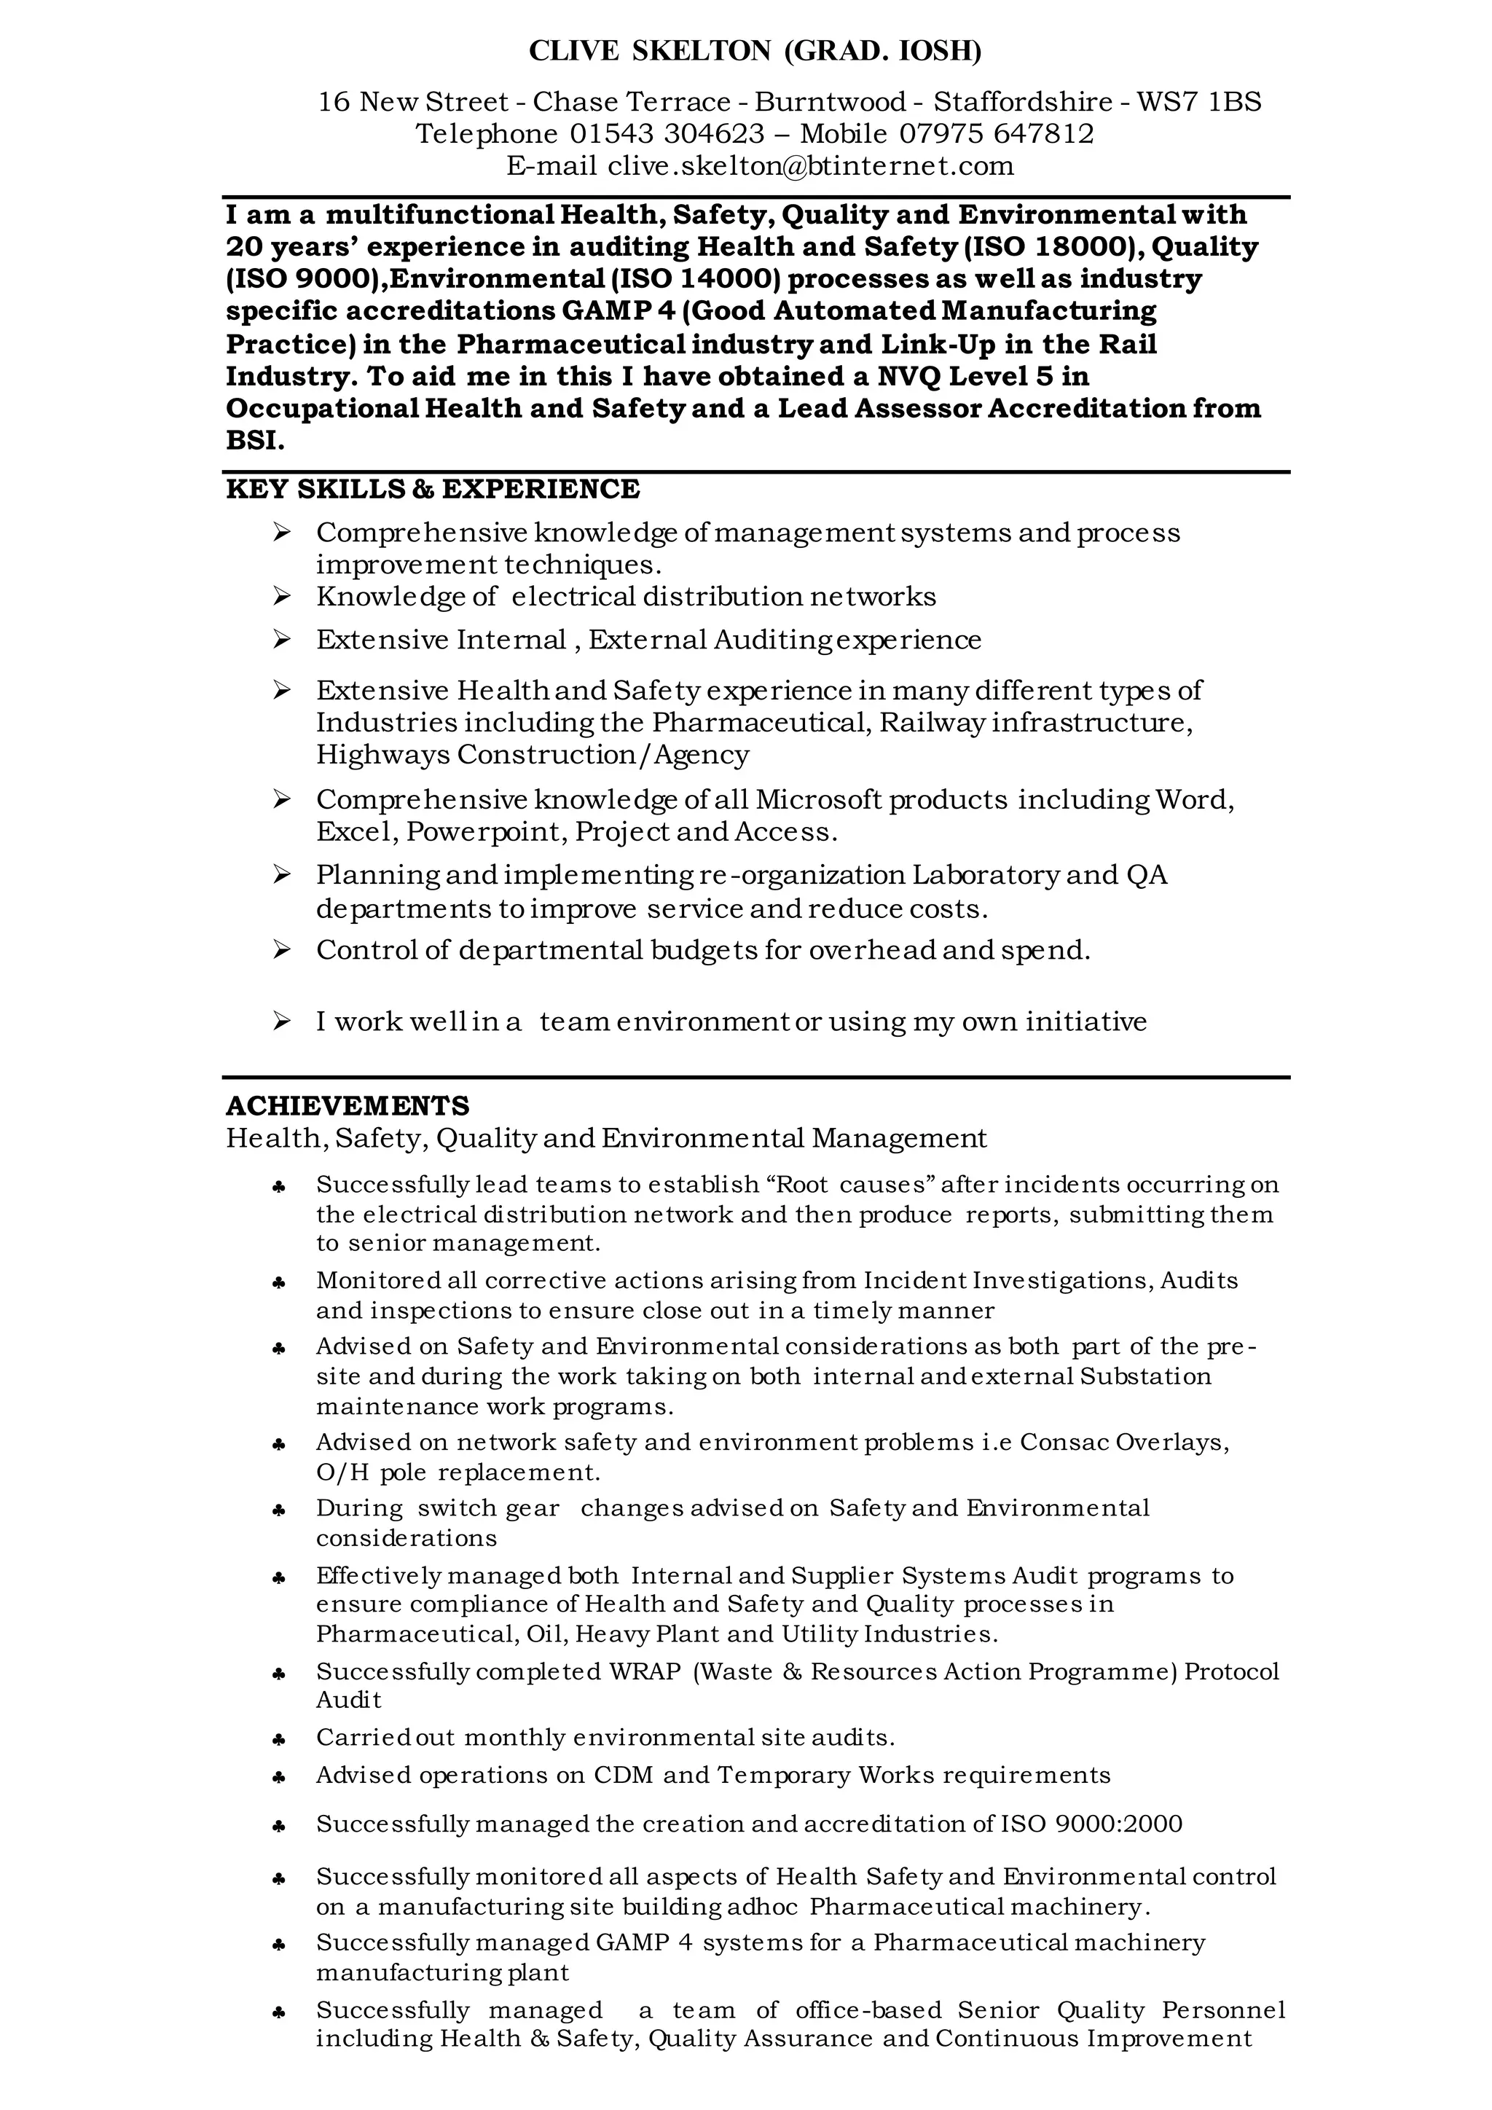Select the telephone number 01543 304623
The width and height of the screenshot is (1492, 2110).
tap(667, 134)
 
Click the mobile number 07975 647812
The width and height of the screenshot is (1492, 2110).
tap(997, 134)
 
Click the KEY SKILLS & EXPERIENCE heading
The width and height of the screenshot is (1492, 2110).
tap(433, 490)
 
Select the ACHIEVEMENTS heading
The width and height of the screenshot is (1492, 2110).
tap(348, 1105)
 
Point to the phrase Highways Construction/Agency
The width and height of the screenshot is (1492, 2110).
tap(533, 756)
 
